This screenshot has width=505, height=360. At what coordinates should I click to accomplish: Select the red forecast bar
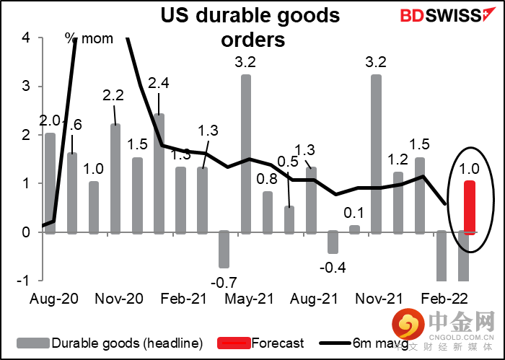pos(469,207)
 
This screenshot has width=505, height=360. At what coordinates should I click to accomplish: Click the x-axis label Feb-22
pos(444,297)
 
